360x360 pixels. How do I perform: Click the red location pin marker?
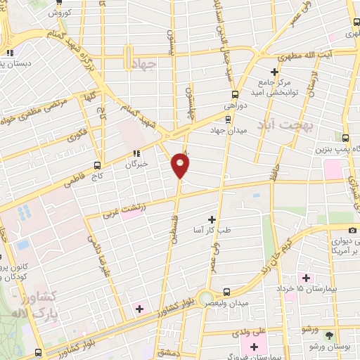point(180,166)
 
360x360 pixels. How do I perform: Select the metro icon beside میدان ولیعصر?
point(226,291)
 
